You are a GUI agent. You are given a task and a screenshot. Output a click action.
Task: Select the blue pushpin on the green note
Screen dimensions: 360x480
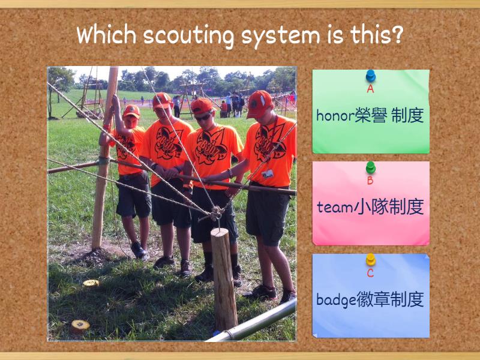(371, 76)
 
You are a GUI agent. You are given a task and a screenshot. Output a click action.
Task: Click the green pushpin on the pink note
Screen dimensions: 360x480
(371, 167)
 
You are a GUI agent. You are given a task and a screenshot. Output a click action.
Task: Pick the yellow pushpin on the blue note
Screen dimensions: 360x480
(371, 260)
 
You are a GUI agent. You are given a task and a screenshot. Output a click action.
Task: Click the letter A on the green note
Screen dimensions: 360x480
(371, 89)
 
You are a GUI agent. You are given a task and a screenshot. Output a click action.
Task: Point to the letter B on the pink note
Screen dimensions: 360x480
(371, 180)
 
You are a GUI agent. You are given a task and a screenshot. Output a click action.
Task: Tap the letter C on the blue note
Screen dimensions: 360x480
(371, 273)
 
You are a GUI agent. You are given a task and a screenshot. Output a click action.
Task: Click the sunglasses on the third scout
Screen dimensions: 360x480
(203, 116)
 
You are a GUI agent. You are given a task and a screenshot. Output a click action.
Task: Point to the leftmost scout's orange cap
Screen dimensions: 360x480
(131, 111)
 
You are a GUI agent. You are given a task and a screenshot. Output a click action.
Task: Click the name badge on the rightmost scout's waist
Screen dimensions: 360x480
(268, 173)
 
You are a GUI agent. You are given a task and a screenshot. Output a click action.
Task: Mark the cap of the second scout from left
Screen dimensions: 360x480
(161, 100)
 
